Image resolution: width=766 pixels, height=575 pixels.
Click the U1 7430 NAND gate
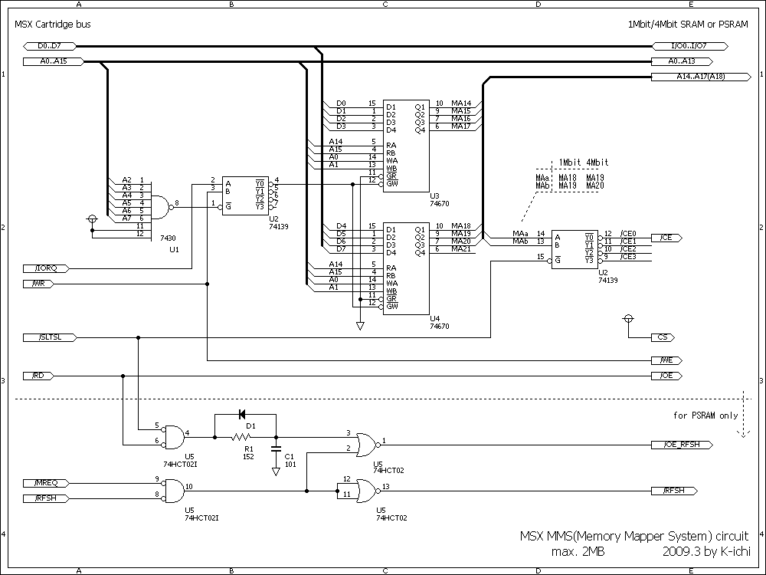pyautogui.click(x=162, y=203)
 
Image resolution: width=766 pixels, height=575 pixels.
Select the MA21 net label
pyautogui.click(x=461, y=248)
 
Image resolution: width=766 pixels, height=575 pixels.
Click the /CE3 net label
pyautogui.click(x=628, y=256)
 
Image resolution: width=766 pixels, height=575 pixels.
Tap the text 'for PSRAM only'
pyautogui.click(x=705, y=416)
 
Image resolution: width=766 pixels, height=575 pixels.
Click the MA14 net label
pyautogui.click(x=461, y=103)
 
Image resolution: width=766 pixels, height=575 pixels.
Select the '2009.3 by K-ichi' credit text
pyautogui.click(x=705, y=551)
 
